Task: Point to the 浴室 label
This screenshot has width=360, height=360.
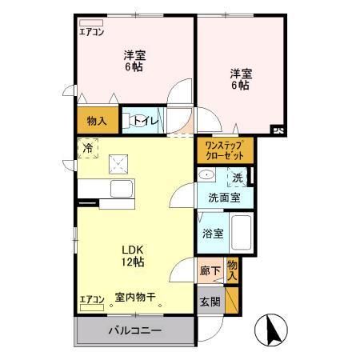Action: (x=212, y=234)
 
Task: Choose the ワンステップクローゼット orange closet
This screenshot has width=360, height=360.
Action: (x=224, y=150)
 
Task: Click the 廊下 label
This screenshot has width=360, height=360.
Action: (x=210, y=270)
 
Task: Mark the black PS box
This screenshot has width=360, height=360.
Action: (x=278, y=128)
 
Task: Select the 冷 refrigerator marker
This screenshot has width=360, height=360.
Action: (x=87, y=148)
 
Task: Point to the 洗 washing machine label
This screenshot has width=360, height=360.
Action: (x=237, y=178)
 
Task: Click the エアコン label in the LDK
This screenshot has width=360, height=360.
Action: (x=92, y=301)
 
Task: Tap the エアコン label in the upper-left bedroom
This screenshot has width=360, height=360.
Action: (x=92, y=33)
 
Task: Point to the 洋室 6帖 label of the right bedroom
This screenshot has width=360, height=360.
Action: (x=240, y=78)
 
